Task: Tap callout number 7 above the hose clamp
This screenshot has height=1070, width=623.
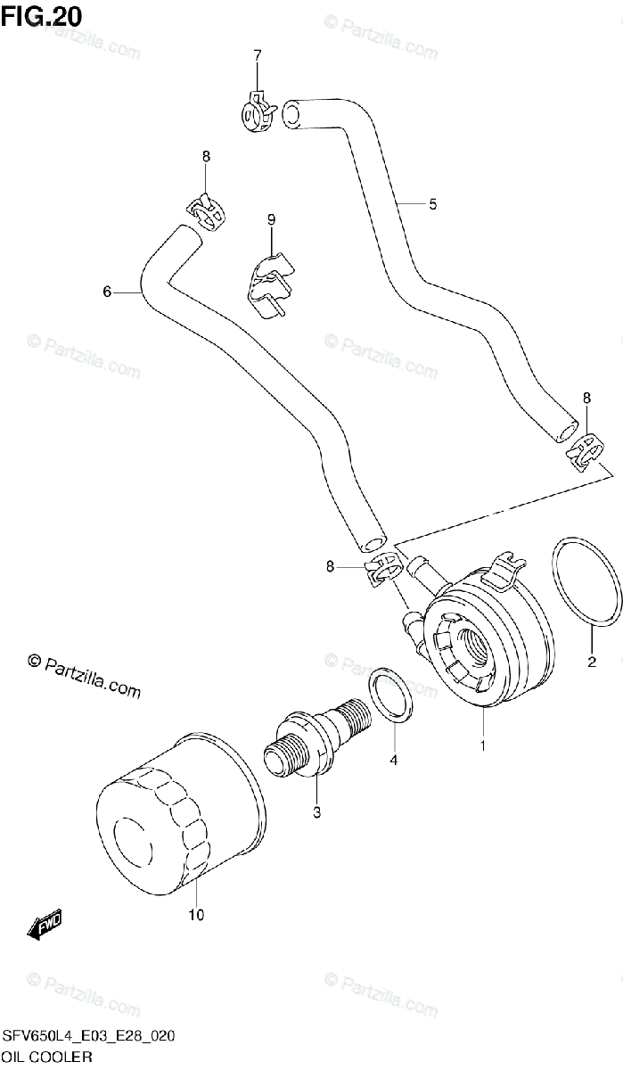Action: click(257, 55)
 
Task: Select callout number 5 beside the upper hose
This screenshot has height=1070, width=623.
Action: click(432, 204)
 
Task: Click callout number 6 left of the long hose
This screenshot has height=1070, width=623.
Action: click(107, 292)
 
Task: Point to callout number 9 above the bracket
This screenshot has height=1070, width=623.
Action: click(271, 218)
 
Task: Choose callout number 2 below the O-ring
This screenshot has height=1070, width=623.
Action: click(591, 662)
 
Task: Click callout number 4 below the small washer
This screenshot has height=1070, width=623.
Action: click(392, 761)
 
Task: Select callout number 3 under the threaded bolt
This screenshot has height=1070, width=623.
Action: click(316, 811)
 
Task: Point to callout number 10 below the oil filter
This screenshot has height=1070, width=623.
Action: click(196, 915)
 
